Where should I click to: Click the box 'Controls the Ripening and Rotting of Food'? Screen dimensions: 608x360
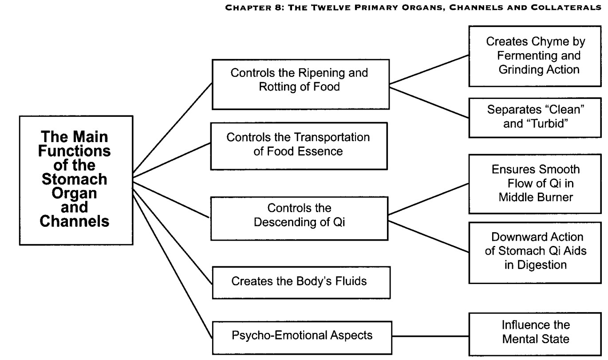click(301, 84)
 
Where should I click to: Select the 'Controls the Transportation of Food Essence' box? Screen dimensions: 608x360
click(299, 146)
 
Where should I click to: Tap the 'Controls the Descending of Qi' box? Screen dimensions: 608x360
click(300, 218)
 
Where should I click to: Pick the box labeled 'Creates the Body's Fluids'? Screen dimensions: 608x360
click(301, 283)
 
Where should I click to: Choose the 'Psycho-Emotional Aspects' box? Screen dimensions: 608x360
click(302, 338)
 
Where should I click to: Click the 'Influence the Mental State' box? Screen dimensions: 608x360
click(535, 334)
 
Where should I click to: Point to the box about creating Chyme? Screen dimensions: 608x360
click(535, 56)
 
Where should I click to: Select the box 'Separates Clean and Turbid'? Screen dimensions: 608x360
click(535, 118)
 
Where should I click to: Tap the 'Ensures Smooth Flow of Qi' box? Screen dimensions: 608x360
click(535, 184)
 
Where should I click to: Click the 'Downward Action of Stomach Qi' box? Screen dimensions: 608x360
click(535, 253)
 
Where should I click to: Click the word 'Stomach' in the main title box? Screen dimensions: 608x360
click(75, 179)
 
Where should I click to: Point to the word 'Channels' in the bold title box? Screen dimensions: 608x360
click(75, 221)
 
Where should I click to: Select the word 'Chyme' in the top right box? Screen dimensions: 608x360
click(544, 42)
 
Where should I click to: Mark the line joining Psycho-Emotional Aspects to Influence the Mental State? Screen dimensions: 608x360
click(430, 336)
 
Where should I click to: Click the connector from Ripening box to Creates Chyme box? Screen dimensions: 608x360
click(429, 69)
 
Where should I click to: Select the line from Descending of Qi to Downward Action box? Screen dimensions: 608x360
click(429, 237)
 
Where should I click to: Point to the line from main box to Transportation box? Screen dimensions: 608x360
click(172, 160)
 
